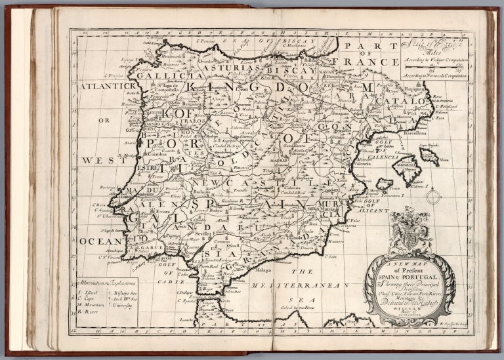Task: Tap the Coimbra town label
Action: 154,154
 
